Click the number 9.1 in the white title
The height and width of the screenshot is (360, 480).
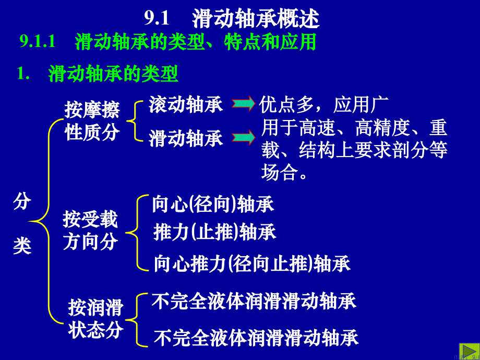point(157,19)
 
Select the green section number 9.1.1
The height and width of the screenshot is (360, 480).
point(38,42)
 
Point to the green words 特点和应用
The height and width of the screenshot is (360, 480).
point(270,42)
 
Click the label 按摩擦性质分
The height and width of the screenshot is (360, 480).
point(92,121)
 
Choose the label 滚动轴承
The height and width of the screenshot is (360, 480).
point(186,105)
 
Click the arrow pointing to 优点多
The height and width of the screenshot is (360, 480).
point(243,103)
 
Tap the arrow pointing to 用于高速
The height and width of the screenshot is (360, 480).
point(243,137)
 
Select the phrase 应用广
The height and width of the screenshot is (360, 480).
point(361,105)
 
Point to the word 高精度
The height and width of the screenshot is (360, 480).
point(382,128)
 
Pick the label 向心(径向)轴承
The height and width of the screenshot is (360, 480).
point(213,204)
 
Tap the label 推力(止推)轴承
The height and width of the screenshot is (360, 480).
point(214,232)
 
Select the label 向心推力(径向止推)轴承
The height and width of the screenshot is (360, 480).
point(252,263)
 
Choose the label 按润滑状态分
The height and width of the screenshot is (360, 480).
point(96,319)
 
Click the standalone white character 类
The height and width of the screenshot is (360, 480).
point(22,246)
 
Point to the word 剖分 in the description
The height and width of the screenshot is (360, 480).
point(411,150)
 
